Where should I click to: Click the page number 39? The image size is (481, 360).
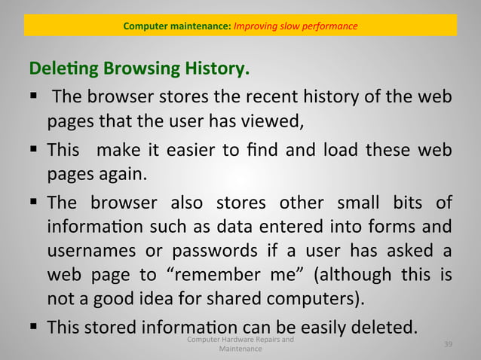448,344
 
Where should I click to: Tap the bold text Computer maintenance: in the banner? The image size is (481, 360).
178,26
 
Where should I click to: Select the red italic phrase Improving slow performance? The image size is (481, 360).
296,26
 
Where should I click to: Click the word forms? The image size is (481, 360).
395,227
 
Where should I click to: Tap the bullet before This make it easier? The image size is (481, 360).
34,150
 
